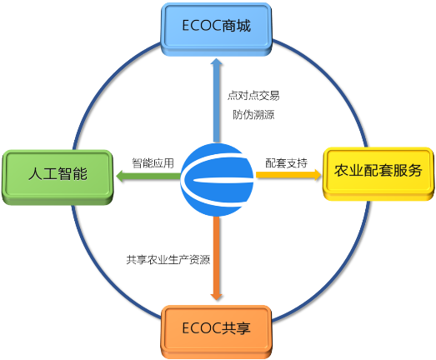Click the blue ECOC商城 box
pyautogui.click(x=216, y=29)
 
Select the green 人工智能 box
pyautogui.click(x=58, y=177)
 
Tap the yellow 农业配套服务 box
pyautogui.click(x=378, y=173)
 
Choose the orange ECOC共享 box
pyautogui.click(x=216, y=332)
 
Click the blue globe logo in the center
pyautogui.click(x=217, y=179)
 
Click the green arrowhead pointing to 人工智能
pyautogui.click(x=121, y=176)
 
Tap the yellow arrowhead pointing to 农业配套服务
pyautogui.click(x=317, y=174)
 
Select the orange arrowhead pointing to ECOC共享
pyautogui.click(x=216, y=295)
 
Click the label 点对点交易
pyautogui.click(x=253, y=95)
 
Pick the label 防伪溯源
pyautogui.click(x=253, y=114)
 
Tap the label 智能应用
pyautogui.click(x=153, y=163)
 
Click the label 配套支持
pyautogui.click(x=287, y=163)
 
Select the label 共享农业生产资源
pyautogui.click(x=168, y=260)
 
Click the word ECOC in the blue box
pyautogui.click(x=202, y=26)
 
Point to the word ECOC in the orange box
pyautogui.click(x=202, y=328)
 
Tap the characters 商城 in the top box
pyautogui.click(x=236, y=26)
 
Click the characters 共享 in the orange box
pyautogui.click(x=236, y=328)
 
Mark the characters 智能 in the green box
pyautogui.click(x=73, y=173)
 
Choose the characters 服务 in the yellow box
pyautogui.click(x=408, y=170)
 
